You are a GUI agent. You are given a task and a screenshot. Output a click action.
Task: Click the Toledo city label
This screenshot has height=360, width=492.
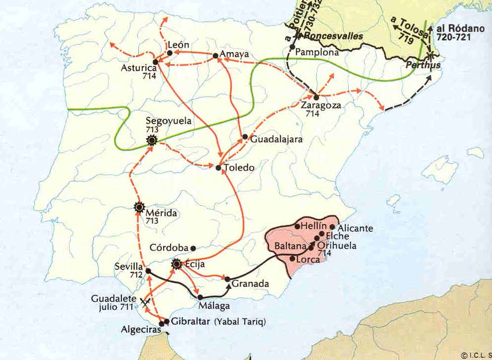pos(239,168)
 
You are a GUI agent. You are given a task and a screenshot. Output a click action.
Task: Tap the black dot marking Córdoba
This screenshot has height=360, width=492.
pos(194,248)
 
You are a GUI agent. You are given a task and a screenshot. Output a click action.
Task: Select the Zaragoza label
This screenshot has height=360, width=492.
pos(320,105)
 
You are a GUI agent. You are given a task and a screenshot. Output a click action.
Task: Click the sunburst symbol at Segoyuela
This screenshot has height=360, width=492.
pos(152,141)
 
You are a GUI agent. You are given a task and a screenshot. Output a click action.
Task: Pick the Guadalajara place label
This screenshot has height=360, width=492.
pos(276,140)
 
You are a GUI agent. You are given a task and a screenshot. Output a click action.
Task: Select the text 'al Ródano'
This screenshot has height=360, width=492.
pos(461,29)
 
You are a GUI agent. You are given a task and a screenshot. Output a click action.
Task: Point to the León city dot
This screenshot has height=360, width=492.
pos(170,53)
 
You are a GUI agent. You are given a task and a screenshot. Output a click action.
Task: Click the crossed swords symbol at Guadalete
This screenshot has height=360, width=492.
pos(146,302)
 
